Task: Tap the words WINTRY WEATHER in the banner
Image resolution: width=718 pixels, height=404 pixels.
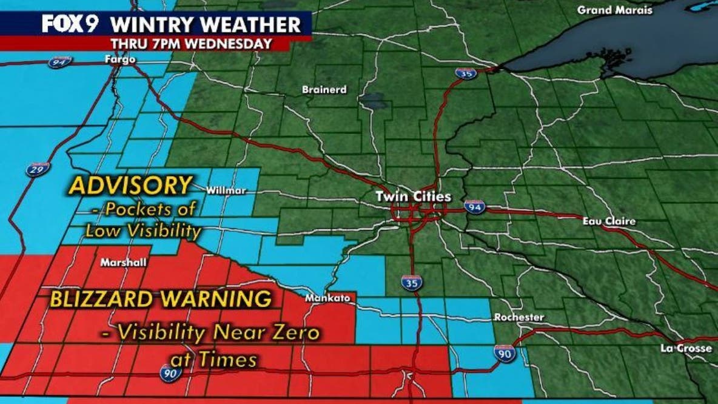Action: coord(206,25)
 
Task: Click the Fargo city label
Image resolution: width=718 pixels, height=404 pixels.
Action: coord(119,59)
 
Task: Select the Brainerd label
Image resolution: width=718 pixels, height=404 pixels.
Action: coord(324,90)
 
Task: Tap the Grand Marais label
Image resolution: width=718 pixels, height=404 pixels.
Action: coord(614,10)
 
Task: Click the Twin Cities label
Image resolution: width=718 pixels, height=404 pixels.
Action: coord(414,197)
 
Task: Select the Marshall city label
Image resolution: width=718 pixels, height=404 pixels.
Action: coord(121,263)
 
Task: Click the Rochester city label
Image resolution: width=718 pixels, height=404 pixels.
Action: coord(519,317)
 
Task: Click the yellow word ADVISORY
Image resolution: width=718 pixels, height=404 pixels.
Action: coord(130,186)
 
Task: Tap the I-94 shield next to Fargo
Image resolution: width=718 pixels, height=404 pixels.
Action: coord(60,62)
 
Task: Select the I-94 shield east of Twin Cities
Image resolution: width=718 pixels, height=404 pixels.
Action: coord(475,207)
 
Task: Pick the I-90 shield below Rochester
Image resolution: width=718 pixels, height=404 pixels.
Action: coord(505,354)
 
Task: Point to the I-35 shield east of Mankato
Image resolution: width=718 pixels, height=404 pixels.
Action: coord(411,282)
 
